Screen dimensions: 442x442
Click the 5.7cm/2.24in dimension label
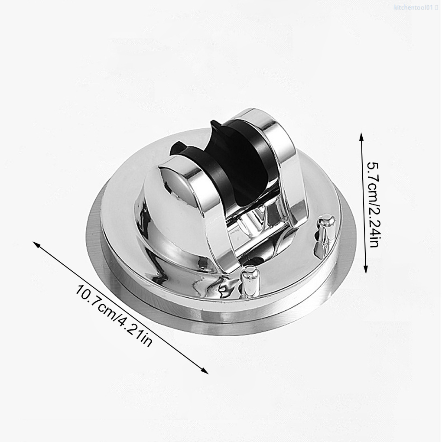click(x=374, y=205)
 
